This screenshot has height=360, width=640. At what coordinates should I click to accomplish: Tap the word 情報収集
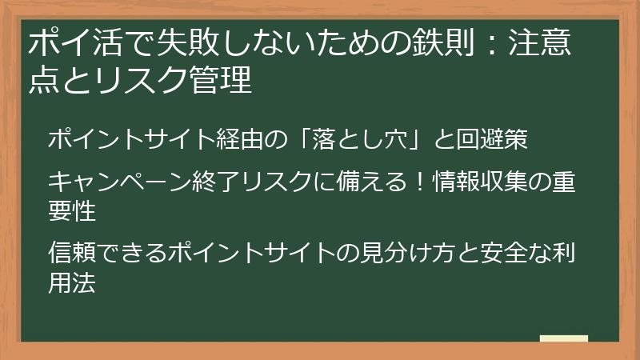(479, 182)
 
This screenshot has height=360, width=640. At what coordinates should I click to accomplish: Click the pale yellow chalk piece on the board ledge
(563, 338)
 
